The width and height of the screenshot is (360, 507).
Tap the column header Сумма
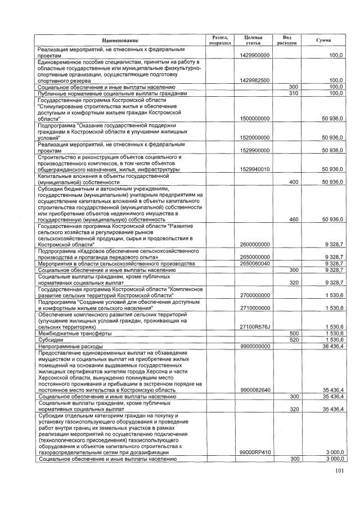click(x=323, y=41)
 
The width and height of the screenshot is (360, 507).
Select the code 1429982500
click(x=254, y=80)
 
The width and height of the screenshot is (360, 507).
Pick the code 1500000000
click(x=254, y=118)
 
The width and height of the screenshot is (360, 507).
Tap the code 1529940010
click(x=254, y=169)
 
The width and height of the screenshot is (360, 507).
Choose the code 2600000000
click(x=254, y=244)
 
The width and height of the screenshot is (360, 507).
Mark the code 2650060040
click(x=254, y=263)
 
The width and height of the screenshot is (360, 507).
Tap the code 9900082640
click(x=254, y=389)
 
